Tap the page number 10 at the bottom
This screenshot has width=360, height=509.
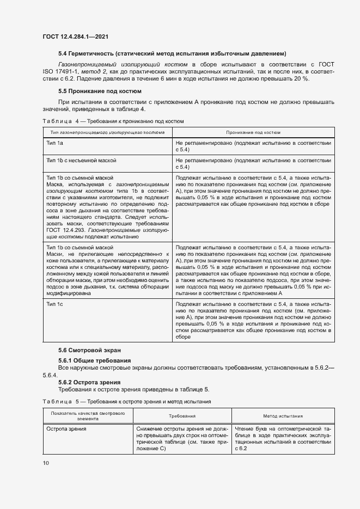[x=46, y=463]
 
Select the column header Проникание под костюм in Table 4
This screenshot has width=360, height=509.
[x=253, y=132]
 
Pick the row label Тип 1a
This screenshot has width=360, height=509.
[x=56, y=142]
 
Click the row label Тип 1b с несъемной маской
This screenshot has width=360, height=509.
[x=81, y=161]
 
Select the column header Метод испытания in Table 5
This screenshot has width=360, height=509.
[x=283, y=415]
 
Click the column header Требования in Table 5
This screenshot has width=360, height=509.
[x=182, y=415]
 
